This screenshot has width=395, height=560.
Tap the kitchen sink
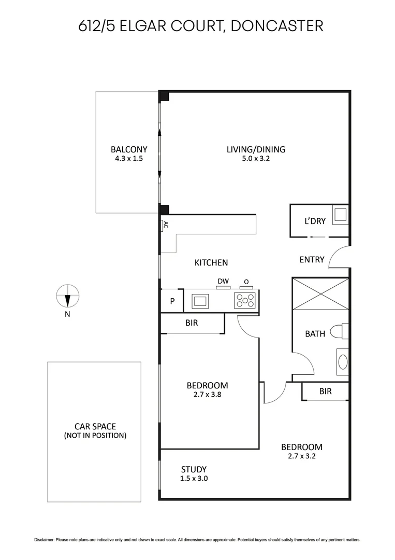200,301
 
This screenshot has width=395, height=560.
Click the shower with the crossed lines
320,294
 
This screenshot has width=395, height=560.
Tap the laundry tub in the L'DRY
340,214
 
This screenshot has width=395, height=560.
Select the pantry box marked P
172,301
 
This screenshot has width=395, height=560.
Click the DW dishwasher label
223,282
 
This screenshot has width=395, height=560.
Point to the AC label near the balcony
165,225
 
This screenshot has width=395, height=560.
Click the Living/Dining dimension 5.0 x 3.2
256,159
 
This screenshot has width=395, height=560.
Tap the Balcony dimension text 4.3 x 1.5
128,159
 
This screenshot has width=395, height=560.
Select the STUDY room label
194,469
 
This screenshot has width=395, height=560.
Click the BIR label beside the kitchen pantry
192,323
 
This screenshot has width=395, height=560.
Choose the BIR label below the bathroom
325,391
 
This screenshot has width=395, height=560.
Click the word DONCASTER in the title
276,26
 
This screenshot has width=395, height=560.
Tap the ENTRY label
312,259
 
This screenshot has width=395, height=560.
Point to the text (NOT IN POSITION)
95,436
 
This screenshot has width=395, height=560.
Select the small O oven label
246,282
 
